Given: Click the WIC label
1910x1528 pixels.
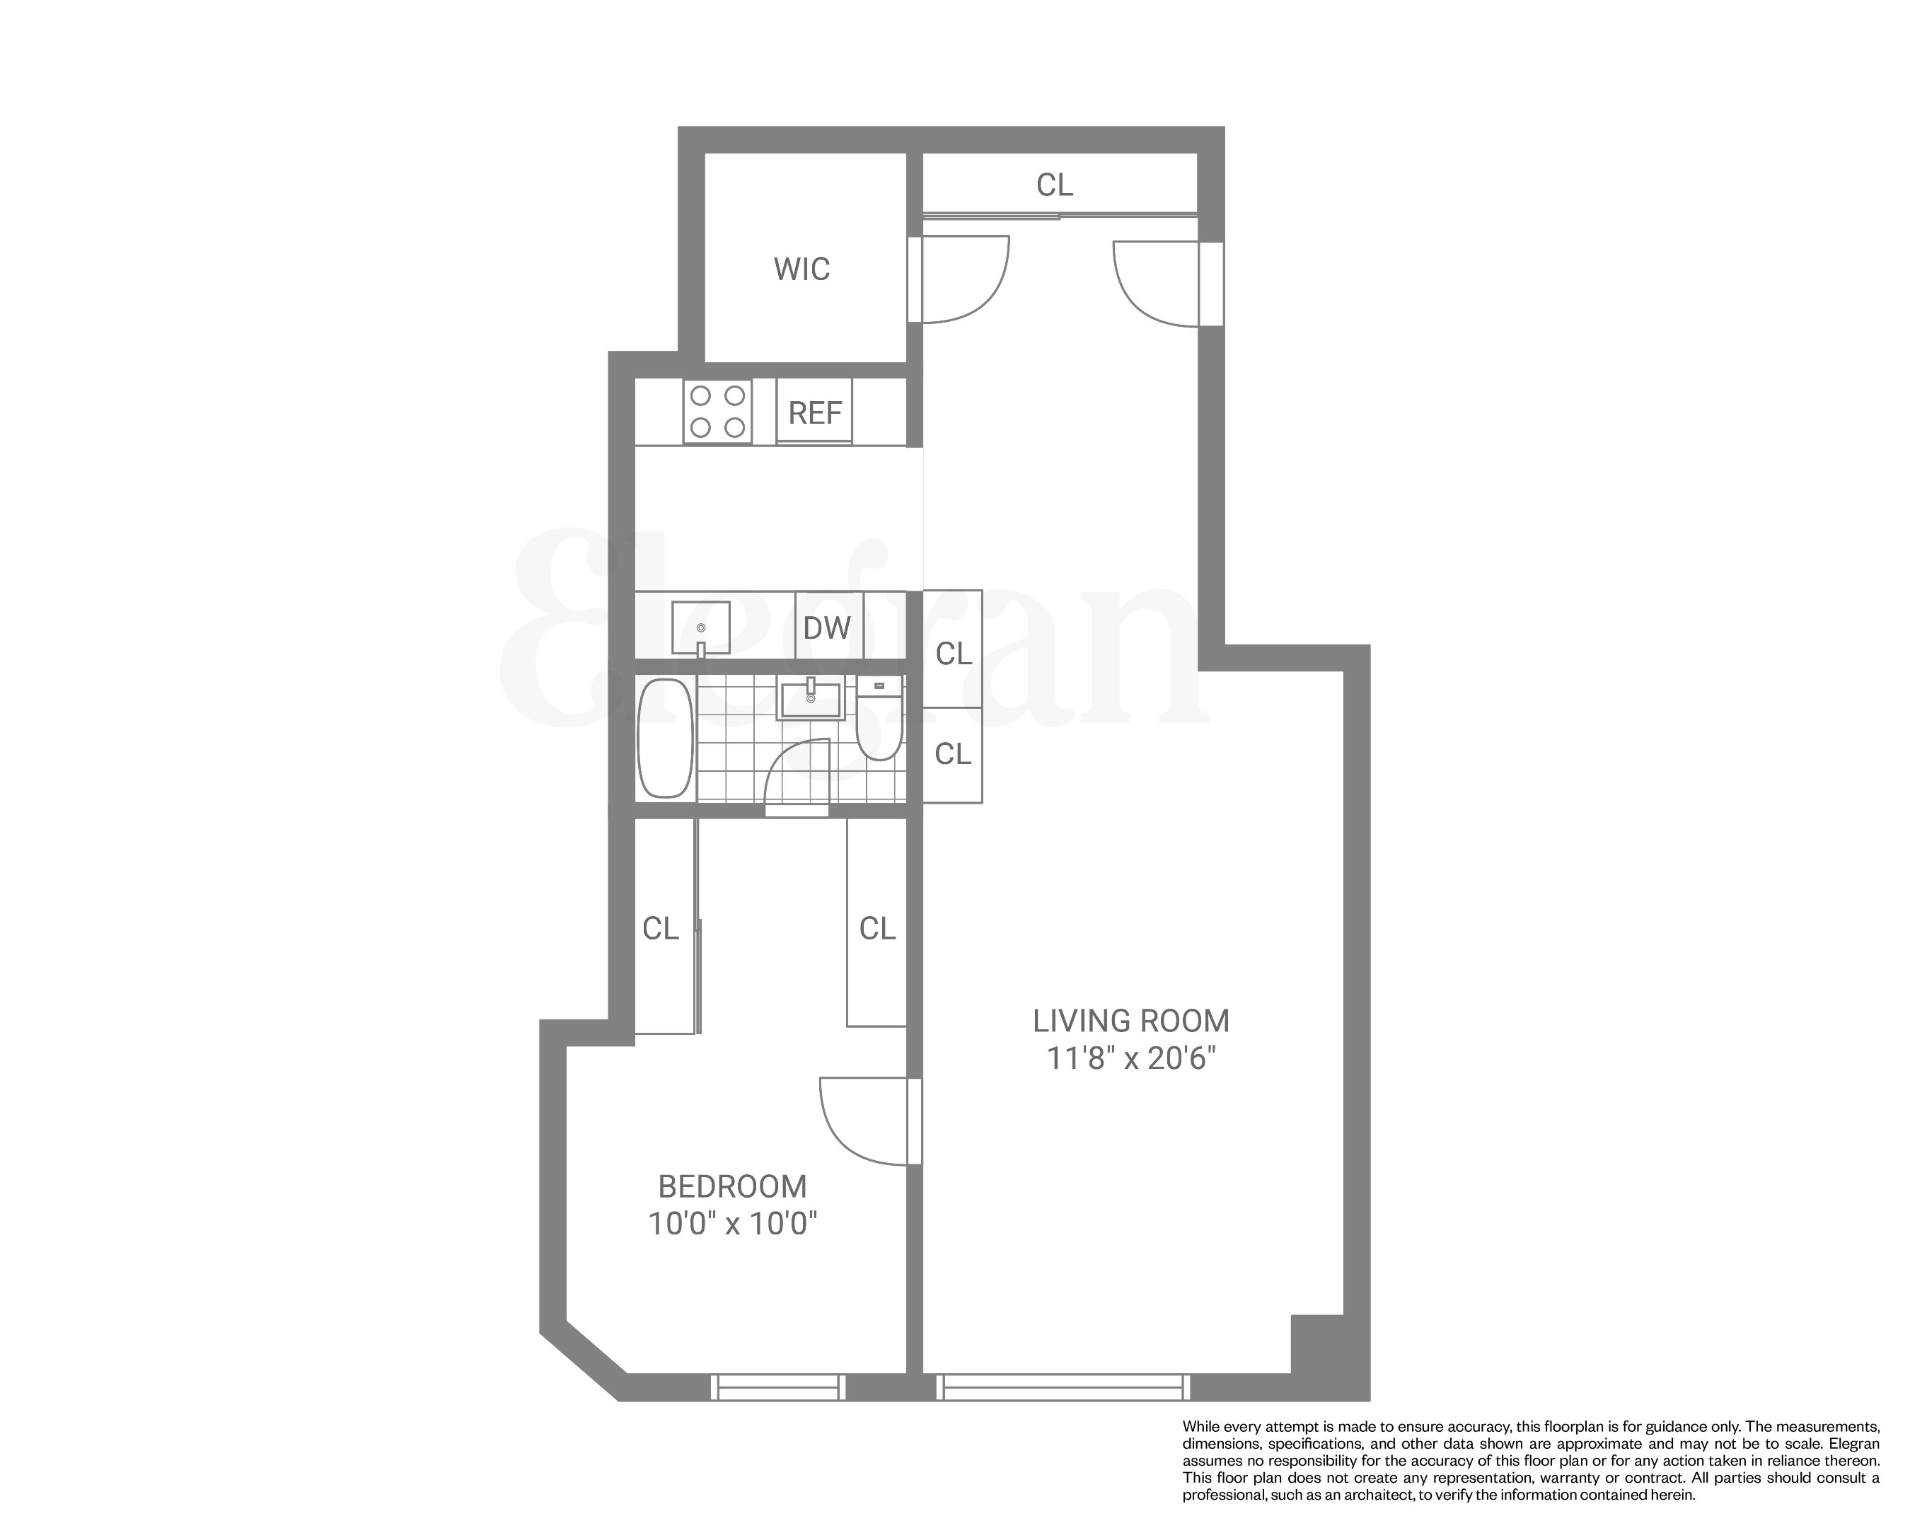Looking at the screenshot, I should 801,270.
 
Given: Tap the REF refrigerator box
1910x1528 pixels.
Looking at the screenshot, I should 815,412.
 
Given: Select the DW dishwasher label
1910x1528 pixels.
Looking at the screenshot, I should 826,628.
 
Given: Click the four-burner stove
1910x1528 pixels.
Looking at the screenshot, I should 717,412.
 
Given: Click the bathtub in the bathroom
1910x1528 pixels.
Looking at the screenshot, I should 665,738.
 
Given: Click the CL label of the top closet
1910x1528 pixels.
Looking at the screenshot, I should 1054,185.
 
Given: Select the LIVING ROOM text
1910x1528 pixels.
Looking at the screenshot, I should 1131,1021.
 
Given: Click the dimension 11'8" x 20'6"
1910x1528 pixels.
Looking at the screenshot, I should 1131,1058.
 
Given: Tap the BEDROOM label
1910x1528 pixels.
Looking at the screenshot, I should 733,1187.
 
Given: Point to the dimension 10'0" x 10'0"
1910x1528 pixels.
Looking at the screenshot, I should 733,1225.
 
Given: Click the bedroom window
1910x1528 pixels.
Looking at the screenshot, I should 778,1387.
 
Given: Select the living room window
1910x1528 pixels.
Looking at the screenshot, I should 1063,1387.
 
